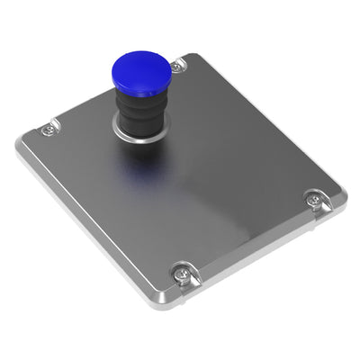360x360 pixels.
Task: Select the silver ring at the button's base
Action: [134, 138]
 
